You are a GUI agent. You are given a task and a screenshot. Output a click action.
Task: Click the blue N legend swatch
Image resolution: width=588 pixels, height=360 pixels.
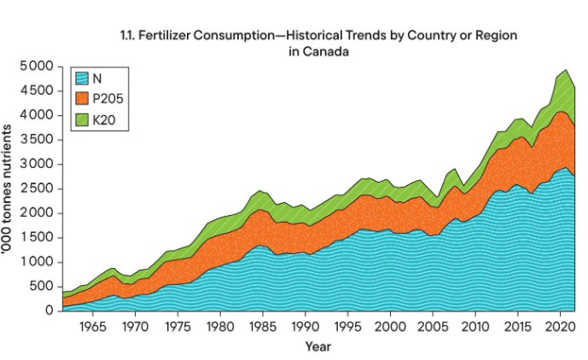pyautogui.click(x=82, y=78)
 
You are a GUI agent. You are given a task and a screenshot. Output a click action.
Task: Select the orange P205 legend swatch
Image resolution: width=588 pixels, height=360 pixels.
pyautogui.click(x=82, y=99)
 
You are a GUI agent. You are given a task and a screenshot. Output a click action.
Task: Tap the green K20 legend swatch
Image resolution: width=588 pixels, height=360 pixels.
pyautogui.click(x=82, y=120)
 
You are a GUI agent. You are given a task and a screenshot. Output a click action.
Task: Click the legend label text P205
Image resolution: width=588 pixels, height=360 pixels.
pyautogui.click(x=108, y=99)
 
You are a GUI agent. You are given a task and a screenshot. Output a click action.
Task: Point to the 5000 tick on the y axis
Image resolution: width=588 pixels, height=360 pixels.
pyautogui.click(x=38, y=67)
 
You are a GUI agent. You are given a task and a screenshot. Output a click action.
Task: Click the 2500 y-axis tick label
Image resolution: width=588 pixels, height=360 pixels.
pyautogui.click(x=38, y=189)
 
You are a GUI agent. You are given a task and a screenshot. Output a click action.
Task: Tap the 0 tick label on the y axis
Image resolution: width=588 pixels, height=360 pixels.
pyautogui.click(x=49, y=311)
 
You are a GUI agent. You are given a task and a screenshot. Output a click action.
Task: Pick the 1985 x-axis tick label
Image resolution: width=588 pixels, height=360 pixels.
pyautogui.click(x=262, y=328)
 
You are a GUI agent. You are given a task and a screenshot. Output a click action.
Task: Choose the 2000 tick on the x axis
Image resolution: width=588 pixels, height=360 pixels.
pyautogui.click(x=390, y=328)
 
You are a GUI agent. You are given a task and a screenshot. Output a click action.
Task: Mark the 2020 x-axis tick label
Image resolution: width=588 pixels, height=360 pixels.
pyautogui.click(x=560, y=328)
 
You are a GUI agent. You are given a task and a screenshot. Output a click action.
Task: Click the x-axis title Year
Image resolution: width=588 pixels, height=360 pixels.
pyautogui.click(x=317, y=347)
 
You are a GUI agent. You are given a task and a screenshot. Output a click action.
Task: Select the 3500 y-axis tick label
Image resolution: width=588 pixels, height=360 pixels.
pyautogui.click(x=38, y=140)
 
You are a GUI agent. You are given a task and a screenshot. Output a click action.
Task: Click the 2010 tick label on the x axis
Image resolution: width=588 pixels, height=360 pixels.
pyautogui.click(x=474, y=328)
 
